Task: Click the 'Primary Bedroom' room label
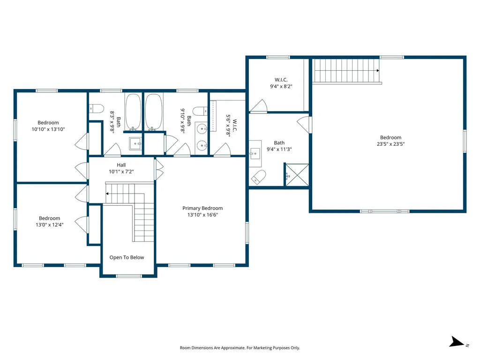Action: pyautogui.click(x=202, y=208)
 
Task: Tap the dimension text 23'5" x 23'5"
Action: pyautogui.click(x=390, y=144)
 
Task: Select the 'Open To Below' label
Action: pyautogui.click(x=127, y=257)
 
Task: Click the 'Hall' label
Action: pyautogui.click(x=121, y=165)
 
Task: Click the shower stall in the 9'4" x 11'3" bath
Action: pyautogui.click(x=297, y=175)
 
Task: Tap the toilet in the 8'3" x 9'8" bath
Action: pyautogui.click(x=96, y=109)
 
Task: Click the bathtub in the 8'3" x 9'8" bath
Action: pyautogui.click(x=133, y=112)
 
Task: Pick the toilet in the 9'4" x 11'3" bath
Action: pyautogui.click(x=258, y=177)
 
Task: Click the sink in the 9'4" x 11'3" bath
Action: pyautogui.click(x=255, y=153)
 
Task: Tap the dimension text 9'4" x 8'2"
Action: pyautogui.click(x=281, y=86)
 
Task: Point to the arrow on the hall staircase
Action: pyautogui.click(x=108, y=193)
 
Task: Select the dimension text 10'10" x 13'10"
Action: pyautogui.click(x=48, y=129)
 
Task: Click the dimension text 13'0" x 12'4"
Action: pyautogui.click(x=49, y=225)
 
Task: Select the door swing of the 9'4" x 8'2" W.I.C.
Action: pyautogui.click(x=259, y=106)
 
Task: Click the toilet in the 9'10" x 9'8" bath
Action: pyautogui.click(x=200, y=112)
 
